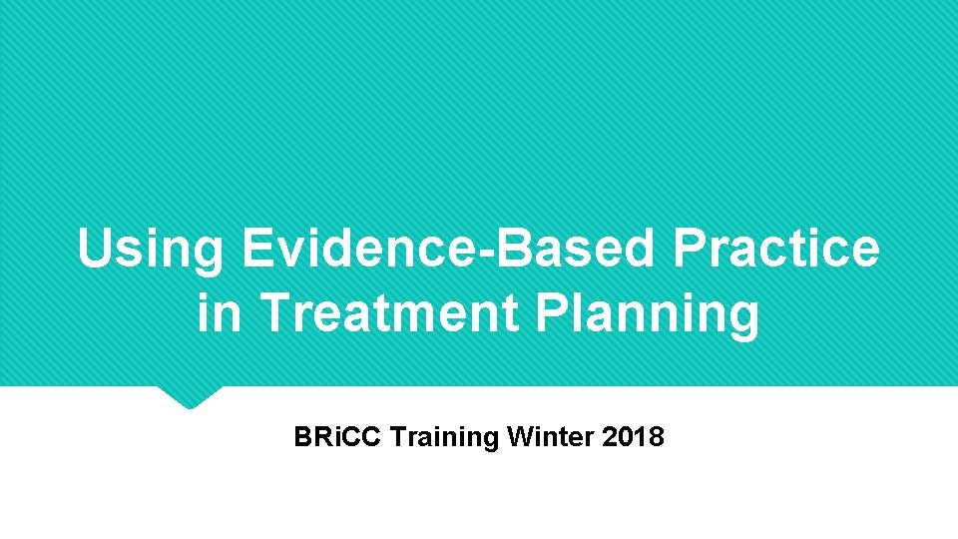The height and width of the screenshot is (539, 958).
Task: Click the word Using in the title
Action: tap(150, 250)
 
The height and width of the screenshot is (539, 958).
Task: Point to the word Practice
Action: tap(776, 249)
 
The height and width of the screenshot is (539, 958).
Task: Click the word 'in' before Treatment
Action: tap(219, 313)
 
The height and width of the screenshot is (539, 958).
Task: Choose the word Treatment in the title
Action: tap(388, 313)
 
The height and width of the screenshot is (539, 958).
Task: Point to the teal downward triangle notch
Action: tap(190, 397)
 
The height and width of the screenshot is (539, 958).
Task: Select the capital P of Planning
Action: tap(552, 313)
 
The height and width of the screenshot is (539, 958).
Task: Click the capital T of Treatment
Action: tap(272, 313)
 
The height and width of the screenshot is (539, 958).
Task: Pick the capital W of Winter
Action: tap(518, 437)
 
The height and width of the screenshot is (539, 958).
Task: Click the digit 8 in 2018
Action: tap(656, 437)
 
